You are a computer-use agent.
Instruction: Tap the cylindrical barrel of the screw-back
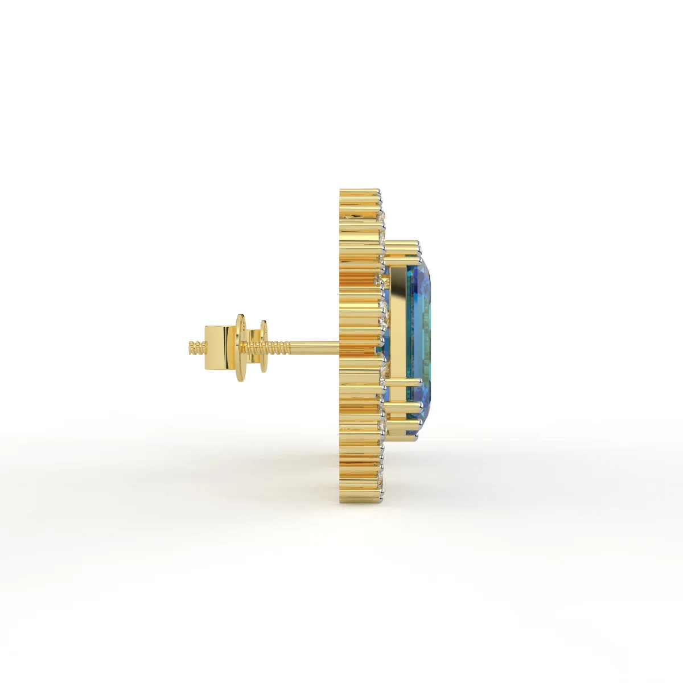220,345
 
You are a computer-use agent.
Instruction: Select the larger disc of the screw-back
242,346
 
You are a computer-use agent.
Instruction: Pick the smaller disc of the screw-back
263,346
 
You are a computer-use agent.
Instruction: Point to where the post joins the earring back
340,344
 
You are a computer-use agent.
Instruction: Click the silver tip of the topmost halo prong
378,191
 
